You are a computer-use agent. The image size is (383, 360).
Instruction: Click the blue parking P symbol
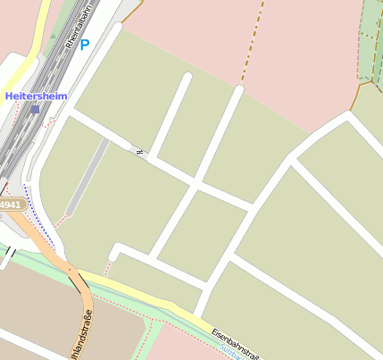[85, 44]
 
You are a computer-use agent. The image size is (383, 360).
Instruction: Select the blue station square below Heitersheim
[35, 110]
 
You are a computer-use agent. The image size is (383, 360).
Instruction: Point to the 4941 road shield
[10, 205]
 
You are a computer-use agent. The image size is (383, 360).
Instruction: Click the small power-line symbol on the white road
[139, 151]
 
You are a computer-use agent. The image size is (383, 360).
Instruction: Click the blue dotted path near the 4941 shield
[39, 218]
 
